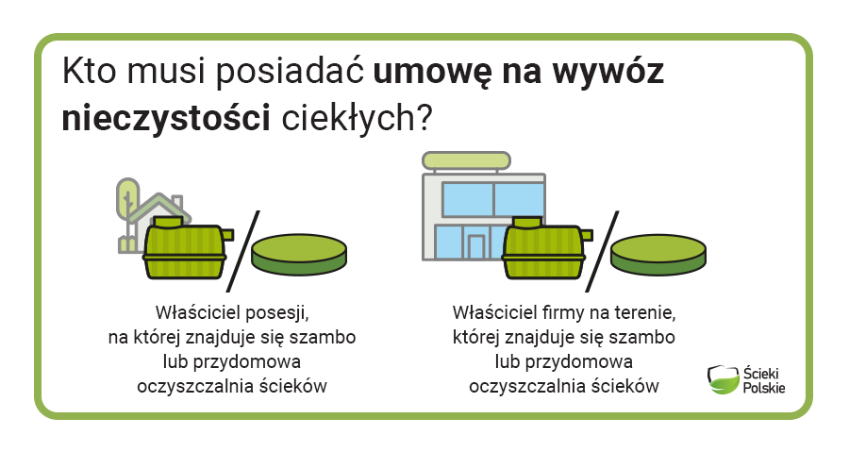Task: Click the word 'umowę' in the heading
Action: (x=432, y=72)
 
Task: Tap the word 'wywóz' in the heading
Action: (x=608, y=72)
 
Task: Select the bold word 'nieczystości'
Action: (x=166, y=118)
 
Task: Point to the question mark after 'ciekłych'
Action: (x=424, y=117)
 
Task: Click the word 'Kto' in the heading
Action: (x=90, y=71)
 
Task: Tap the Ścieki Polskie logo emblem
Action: (x=724, y=379)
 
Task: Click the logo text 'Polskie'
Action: (x=763, y=388)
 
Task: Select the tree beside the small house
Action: (x=127, y=214)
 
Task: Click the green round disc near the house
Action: (x=299, y=254)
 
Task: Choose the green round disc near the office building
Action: (x=658, y=254)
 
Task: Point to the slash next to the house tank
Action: (x=243, y=251)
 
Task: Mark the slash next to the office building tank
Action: (x=602, y=251)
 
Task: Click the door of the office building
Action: (x=476, y=247)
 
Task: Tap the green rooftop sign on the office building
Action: (x=466, y=160)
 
